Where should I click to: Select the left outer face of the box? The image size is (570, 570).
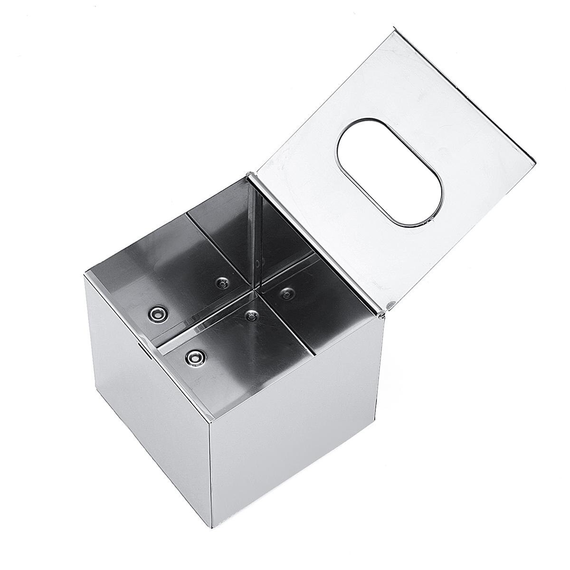pos(142,418)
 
